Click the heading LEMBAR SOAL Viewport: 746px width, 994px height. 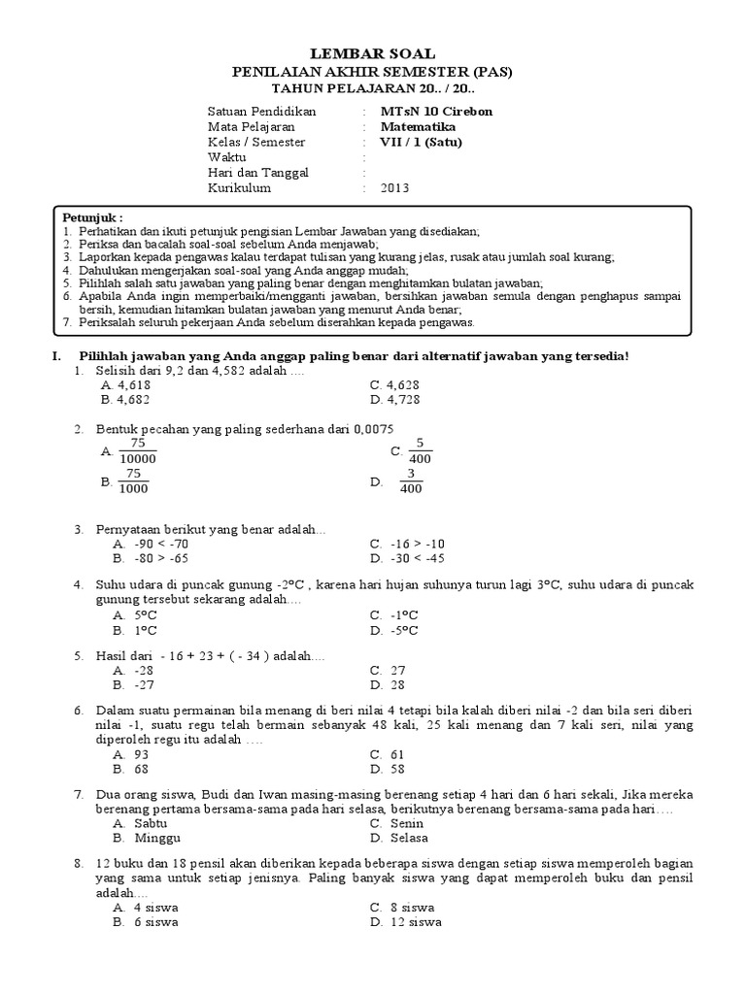(372, 53)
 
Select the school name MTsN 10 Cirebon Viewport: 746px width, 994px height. (436, 111)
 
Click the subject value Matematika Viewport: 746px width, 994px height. (418, 126)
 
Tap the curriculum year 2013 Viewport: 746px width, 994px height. (395, 188)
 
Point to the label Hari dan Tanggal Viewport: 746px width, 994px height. (257, 173)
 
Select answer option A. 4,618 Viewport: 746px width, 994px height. (131, 384)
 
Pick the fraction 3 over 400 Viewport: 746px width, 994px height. (411, 481)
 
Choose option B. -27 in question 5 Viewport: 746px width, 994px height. (133, 684)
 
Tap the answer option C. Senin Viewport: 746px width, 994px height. (398, 823)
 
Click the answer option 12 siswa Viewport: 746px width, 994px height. (403, 922)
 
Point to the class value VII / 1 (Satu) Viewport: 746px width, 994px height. (421, 142)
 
